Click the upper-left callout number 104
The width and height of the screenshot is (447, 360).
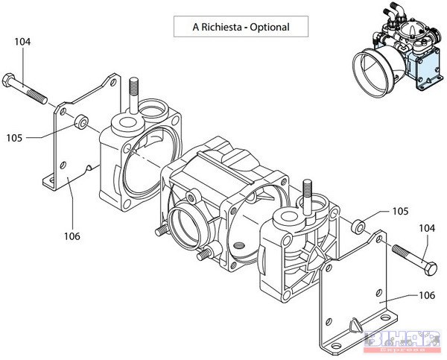pos(22,42)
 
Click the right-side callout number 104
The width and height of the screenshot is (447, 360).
pos(427,228)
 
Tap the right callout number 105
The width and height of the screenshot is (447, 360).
pos(400,211)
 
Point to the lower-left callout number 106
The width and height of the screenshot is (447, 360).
pos(72,237)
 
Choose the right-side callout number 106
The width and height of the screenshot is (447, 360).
pos(427,295)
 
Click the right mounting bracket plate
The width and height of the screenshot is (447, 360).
pos(358,298)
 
